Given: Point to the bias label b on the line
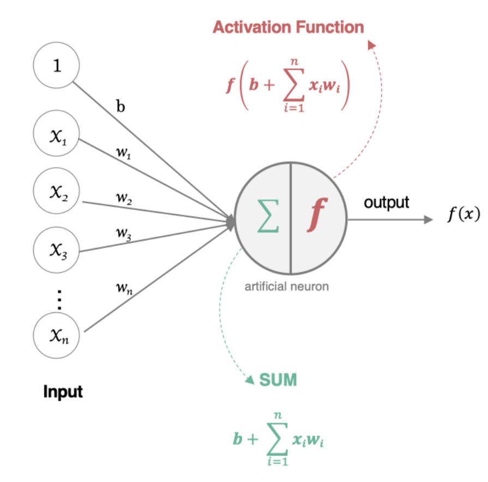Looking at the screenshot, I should [x=121, y=106].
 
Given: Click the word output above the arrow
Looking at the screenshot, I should [x=386, y=203].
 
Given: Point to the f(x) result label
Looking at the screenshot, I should [x=463, y=215].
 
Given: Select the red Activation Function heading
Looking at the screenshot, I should [x=288, y=27].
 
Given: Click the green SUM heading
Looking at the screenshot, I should [x=278, y=379].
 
